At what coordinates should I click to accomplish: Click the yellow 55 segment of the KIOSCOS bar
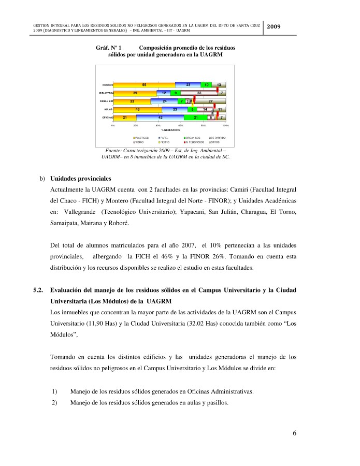(144, 84)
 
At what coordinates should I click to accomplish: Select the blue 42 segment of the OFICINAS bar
(161, 118)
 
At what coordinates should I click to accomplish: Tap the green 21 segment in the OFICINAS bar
(196, 118)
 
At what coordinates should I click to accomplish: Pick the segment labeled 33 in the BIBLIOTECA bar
(199, 93)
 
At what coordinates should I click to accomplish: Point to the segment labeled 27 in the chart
(210, 101)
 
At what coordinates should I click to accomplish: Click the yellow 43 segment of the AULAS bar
(137, 110)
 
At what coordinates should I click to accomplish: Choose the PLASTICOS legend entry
(141, 137)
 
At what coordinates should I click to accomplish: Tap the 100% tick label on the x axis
(226, 125)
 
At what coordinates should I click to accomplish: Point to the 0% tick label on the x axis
(113, 125)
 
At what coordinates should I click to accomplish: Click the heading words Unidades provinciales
(81, 178)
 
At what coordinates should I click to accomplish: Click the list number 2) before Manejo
(54, 402)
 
